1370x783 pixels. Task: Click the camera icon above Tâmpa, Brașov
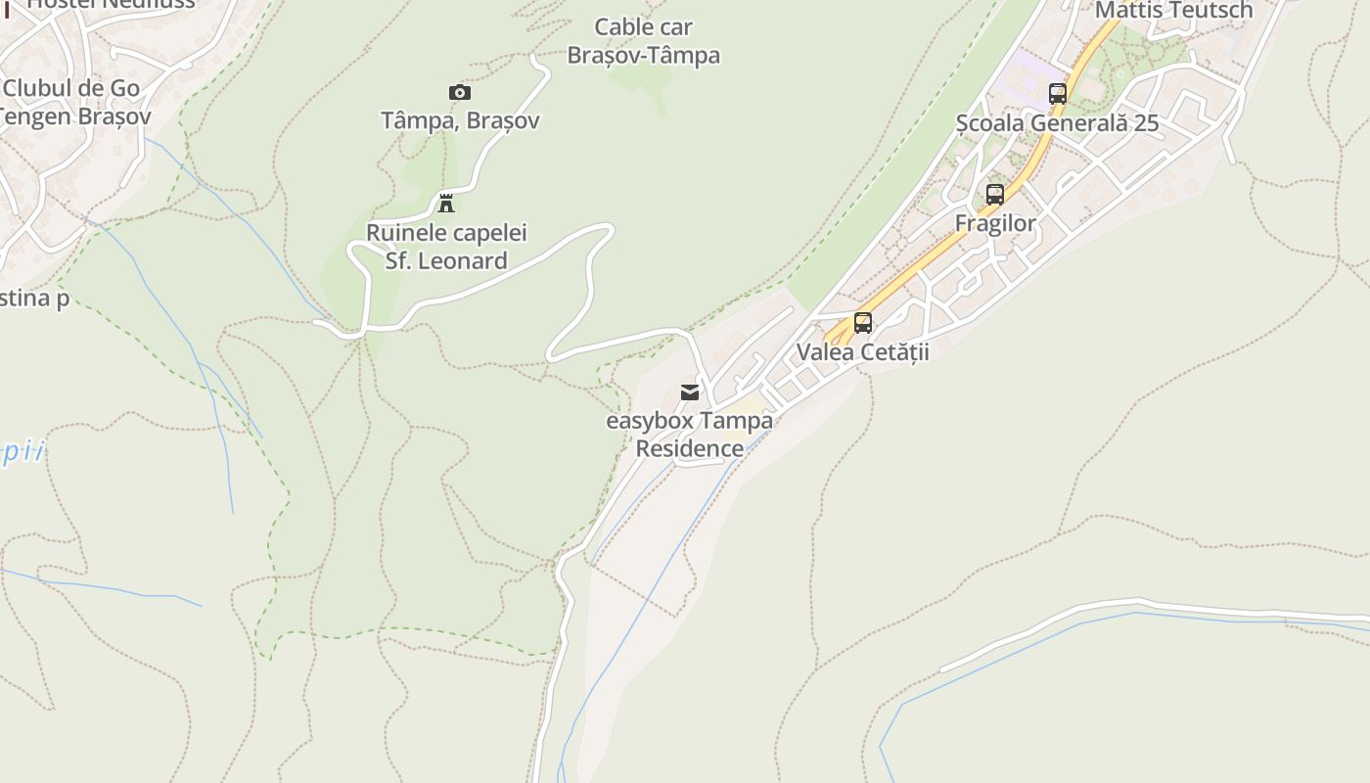point(459,93)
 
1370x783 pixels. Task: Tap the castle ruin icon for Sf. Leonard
point(446,204)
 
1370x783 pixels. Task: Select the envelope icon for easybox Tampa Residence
point(690,392)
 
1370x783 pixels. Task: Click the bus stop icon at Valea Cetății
point(862,322)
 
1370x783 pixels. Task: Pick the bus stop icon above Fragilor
point(994,194)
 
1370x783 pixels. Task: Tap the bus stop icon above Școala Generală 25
point(1057,94)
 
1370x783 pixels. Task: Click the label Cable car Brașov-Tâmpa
point(643,41)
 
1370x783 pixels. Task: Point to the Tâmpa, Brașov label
point(459,121)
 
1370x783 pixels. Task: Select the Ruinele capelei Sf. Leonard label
point(446,247)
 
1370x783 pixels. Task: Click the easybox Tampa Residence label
point(689,435)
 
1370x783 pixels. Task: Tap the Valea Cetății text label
point(862,352)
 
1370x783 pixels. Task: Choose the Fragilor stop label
point(994,224)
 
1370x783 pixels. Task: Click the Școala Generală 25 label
point(1057,124)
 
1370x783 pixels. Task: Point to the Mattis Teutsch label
point(1173,11)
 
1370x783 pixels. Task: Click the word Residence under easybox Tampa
point(689,449)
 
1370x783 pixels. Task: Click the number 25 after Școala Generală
point(1145,124)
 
